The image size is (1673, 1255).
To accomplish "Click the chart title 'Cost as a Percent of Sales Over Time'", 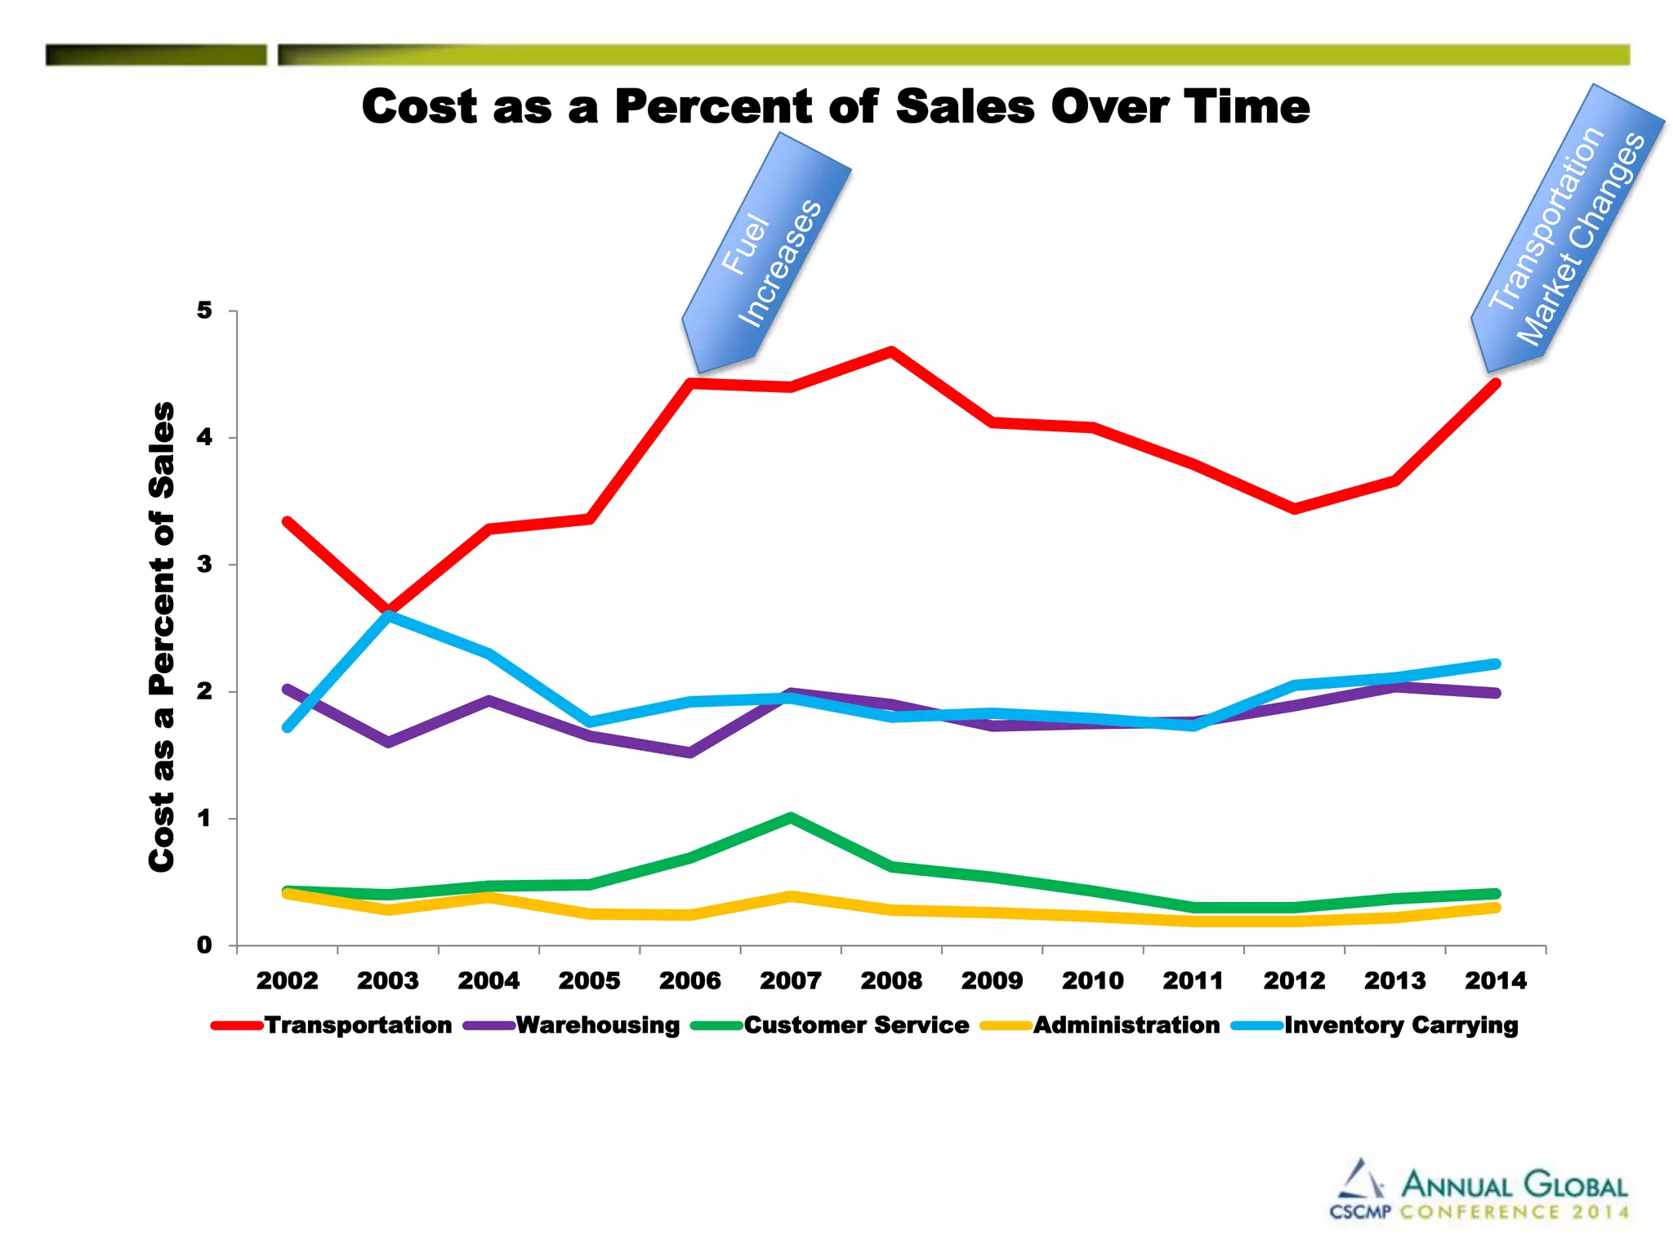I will (835, 107).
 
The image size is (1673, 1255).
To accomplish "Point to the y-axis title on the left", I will (163, 636).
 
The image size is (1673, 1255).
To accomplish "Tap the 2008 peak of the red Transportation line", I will (891, 351).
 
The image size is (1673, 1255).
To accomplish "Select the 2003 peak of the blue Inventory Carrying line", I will (389, 614).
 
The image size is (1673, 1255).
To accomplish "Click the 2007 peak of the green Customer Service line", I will (791, 817).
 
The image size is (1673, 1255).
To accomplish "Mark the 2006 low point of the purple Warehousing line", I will (690, 753).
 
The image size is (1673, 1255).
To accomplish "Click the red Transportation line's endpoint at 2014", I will (1496, 382).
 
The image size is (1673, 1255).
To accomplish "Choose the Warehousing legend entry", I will (572, 1025).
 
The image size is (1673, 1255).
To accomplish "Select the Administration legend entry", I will (1100, 1025).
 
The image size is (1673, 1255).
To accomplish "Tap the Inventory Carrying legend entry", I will (1376, 1025).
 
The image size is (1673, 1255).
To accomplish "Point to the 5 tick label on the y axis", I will (204, 310).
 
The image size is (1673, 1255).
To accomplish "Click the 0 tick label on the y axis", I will (204, 945).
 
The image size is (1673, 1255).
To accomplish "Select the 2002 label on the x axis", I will (288, 980).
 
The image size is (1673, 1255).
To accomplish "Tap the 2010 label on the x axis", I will (1093, 980).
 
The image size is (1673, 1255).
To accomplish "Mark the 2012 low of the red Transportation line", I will (1294, 509).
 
